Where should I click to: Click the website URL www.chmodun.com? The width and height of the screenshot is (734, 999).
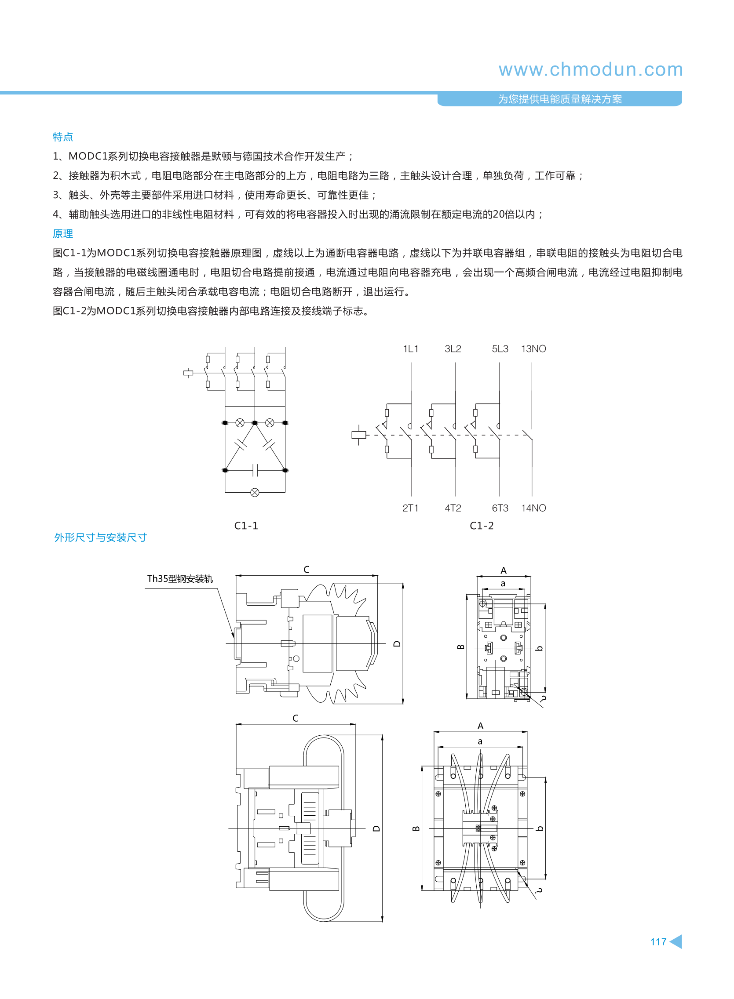tap(591, 70)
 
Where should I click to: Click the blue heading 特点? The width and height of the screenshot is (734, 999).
tap(62, 137)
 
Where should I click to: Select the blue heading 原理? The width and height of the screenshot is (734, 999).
tap(62, 233)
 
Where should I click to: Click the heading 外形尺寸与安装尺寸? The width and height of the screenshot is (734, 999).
tap(100, 537)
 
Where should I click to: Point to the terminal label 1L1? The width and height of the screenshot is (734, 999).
tap(411, 349)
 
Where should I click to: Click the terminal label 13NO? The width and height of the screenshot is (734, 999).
tap(533, 349)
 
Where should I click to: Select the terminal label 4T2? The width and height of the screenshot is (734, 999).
tap(453, 508)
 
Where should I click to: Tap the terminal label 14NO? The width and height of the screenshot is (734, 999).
tap(533, 508)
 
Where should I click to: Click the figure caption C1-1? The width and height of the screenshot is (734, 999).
tap(246, 526)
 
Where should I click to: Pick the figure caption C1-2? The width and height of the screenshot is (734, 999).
tap(482, 526)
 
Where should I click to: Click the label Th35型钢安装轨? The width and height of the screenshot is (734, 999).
tap(180, 578)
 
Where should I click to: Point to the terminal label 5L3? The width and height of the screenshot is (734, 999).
tap(500, 349)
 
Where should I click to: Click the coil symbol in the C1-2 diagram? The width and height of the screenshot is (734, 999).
tap(358, 435)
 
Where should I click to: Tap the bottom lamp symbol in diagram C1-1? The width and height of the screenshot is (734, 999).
tap(255, 492)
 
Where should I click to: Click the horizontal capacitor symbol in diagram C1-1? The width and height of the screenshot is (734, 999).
tap(255, 470)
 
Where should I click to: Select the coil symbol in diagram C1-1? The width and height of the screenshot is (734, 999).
tap(188, 373)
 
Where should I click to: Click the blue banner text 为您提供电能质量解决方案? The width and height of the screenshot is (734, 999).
tap(560, 99)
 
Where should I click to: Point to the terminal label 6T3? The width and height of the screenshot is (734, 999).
tap(500, 508)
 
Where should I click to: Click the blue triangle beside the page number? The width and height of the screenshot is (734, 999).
tap(676, 941)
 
